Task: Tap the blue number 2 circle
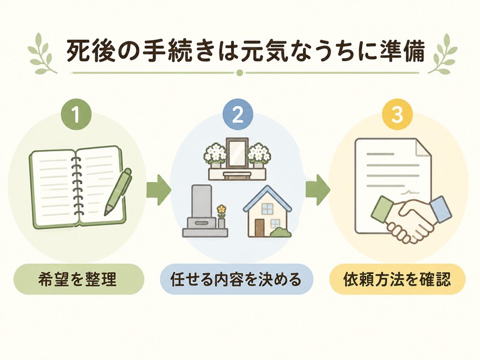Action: tap(238, 113)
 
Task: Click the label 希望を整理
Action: tap(78, 279)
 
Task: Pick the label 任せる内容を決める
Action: tap(236, 279)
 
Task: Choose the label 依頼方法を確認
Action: tap(397, 279)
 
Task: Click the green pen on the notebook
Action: tap(118, 191)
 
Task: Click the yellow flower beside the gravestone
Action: tap(221, 209)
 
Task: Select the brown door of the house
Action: tap(260, 228)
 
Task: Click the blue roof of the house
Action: tap(267, 199)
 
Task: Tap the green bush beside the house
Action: tap(281, 232)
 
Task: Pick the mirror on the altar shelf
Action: tap(237, 153)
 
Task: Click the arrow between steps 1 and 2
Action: tap(158, 190)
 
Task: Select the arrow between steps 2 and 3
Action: tap(318, 190)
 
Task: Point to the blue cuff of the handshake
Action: tap(441, 209)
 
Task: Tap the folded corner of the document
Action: tap(423, 148)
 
